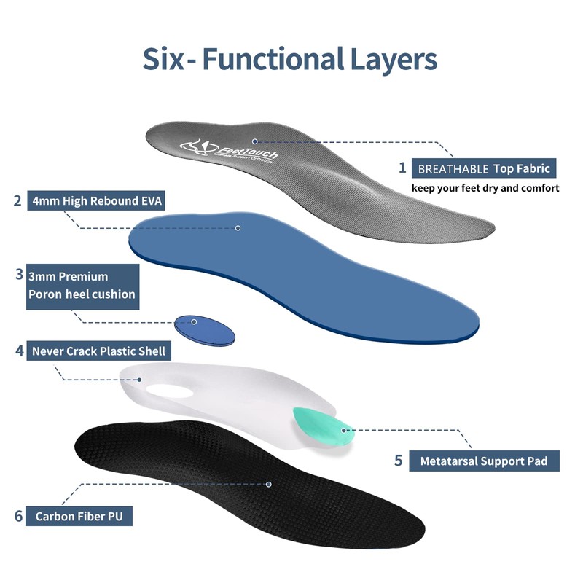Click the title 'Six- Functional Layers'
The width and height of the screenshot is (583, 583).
click(x=290, y=58)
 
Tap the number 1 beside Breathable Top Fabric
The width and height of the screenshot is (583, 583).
click(x=402, y=168)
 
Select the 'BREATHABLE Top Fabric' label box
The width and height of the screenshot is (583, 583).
click(x=483, y=168)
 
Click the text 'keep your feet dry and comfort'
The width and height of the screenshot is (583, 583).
click(x=485, y=188)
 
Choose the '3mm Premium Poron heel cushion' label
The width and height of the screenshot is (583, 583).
click(x=82, y=286)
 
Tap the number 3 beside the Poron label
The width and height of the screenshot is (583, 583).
click(x=18, y=275)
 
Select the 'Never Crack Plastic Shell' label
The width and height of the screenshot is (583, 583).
click(x=99, y=351)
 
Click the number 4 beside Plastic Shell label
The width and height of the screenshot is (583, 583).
click(x=19, y=351)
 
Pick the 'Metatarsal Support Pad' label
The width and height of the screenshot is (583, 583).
click(x=479, y=461)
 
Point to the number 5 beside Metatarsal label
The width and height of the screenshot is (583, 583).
click(x=398, y=461)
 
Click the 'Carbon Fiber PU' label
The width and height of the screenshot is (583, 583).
click(x=84, y=517)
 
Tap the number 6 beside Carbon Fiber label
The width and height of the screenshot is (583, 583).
click(x=18, y=517)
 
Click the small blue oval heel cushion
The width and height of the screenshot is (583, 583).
click(x=206, y=329)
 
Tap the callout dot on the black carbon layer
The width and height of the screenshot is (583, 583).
click(x=269, y=483)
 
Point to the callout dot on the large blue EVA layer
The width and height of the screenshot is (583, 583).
click(x=238, y=228)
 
